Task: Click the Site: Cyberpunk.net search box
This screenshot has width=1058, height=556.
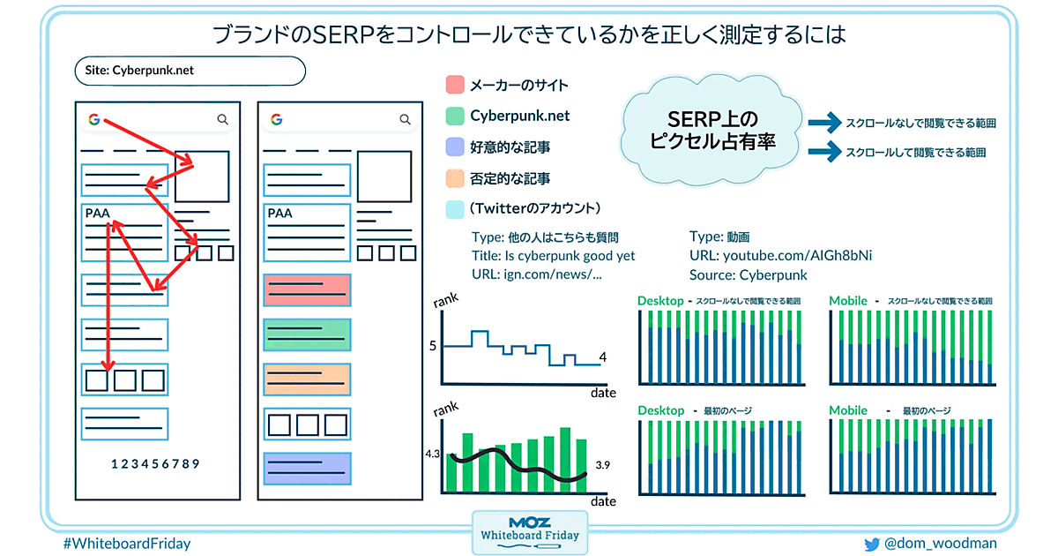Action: pos(190,71)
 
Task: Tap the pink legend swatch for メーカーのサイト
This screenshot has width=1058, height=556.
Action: pos(455,85)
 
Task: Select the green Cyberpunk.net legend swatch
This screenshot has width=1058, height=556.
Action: pos(455,116)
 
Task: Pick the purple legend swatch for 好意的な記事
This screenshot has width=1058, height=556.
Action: pos(455,147)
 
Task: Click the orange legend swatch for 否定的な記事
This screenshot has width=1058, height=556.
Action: pos(455,178)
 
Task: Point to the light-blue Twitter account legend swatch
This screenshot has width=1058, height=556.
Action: pos(455,209)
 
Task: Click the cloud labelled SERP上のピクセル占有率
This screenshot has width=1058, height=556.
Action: pos(712,130)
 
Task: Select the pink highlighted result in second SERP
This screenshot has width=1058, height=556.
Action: pos(307,290)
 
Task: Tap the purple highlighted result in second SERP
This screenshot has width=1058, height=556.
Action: pos(307,469)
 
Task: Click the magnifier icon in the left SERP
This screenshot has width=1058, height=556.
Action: pos(222,120)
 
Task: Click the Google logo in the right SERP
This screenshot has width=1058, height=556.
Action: pos(277,120)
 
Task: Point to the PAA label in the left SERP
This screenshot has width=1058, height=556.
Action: pos(97,214)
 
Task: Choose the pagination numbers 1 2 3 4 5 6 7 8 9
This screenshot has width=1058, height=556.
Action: pos(155,464)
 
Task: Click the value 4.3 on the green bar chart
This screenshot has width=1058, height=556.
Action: pos(432,454)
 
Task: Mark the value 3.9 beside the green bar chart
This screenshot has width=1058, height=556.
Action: pos(603,465)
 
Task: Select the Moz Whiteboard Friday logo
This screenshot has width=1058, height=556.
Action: pos(530,532)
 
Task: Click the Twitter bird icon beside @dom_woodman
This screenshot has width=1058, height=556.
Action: pos(872,545)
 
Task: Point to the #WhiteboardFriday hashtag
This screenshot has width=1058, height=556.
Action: pos(127,544)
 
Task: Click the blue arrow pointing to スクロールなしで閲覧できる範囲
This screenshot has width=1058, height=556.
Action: pos(824,123)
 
